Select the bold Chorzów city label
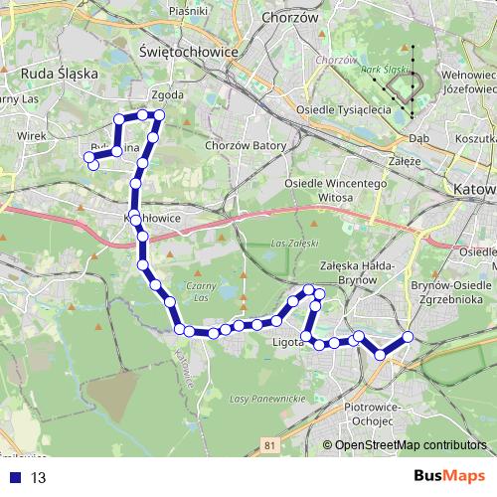[x=290, y=17]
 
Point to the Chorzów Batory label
[x=244, y=147]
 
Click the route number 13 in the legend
[x=39, y=478]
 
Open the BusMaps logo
[x=449, y=477]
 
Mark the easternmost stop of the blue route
[x=408, y=337]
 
